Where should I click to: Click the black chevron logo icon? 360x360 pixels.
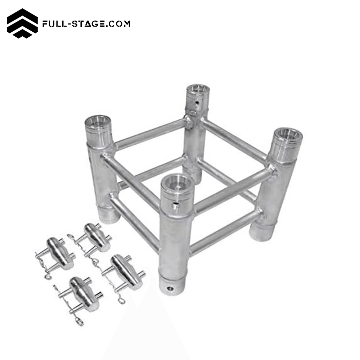[22, 23]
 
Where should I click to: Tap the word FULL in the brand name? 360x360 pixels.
[54, 24]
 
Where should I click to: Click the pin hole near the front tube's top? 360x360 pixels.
[175, 205]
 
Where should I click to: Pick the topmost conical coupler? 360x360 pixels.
[96, 238]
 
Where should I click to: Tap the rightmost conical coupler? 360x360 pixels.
[124, 272]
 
